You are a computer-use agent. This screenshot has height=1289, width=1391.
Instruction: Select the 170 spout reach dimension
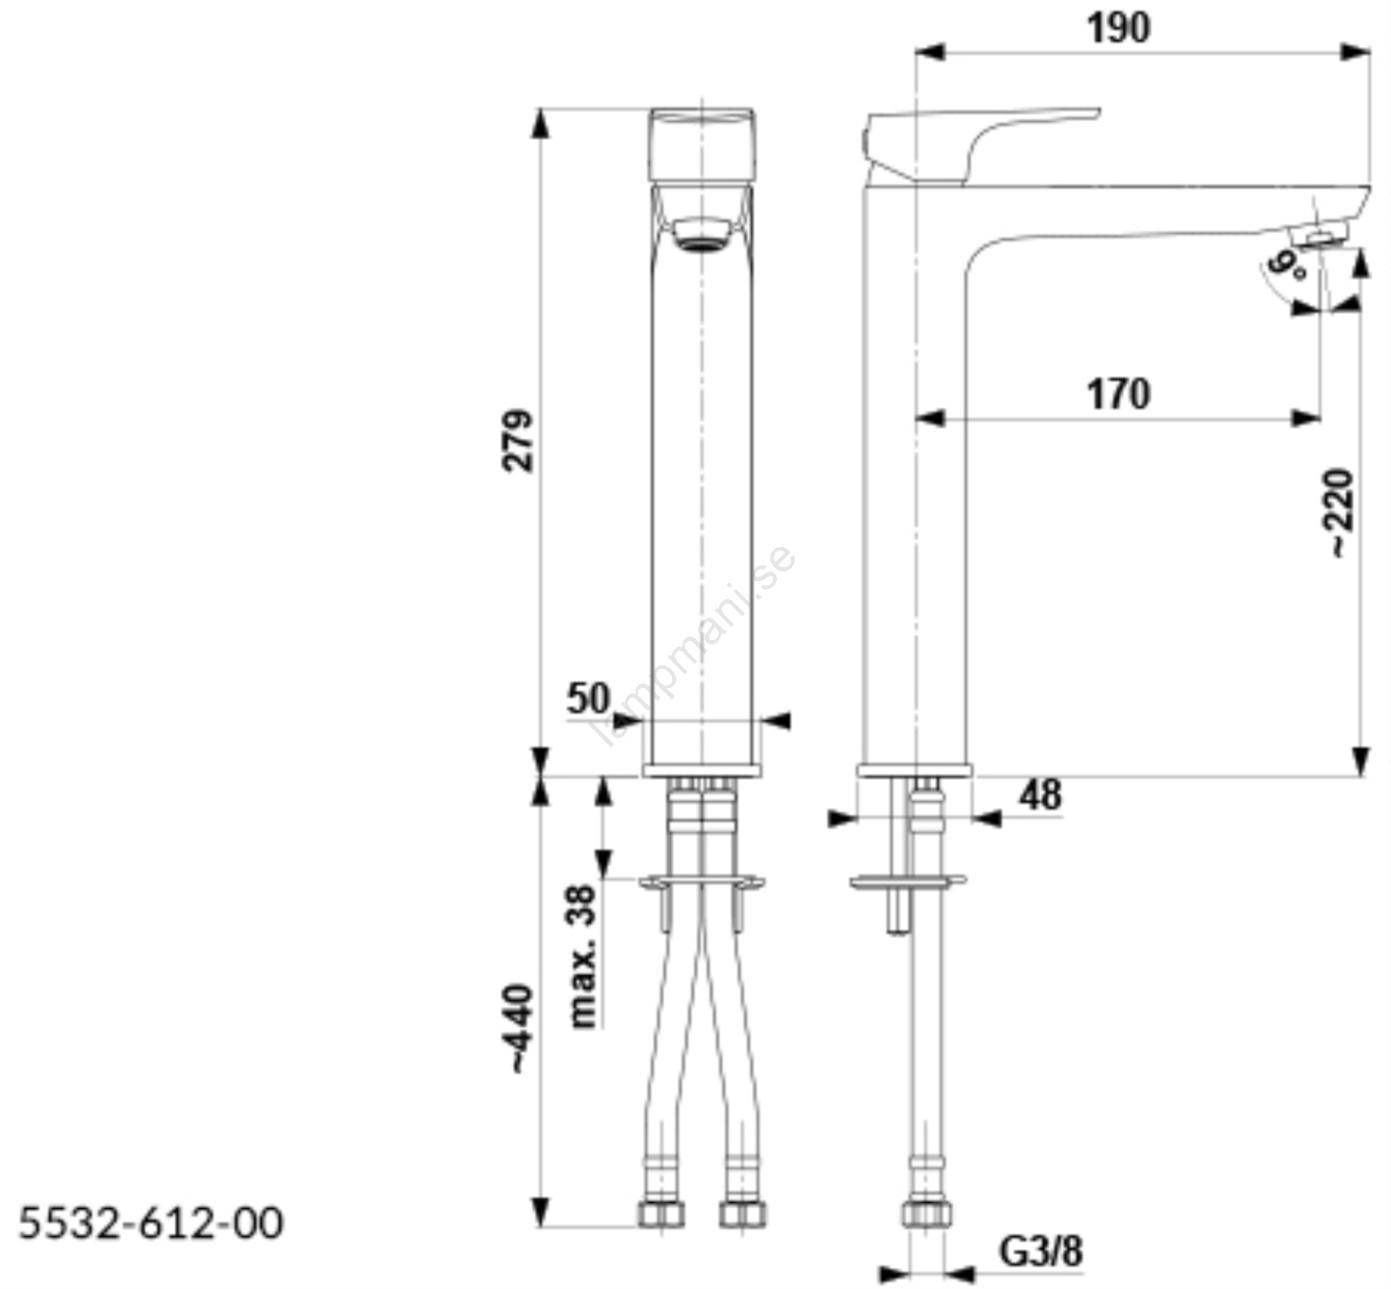coord(1118,394)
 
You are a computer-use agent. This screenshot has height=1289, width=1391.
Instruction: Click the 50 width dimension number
coord(589,698)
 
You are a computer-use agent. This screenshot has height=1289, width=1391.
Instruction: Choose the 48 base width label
coord(1041,795)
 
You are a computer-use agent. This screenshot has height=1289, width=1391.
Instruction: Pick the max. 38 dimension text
coord(583,957)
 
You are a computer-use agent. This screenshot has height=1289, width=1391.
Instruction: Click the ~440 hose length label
coord(520,1028)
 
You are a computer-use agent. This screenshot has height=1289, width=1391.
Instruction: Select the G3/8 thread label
coord(1041,1252)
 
